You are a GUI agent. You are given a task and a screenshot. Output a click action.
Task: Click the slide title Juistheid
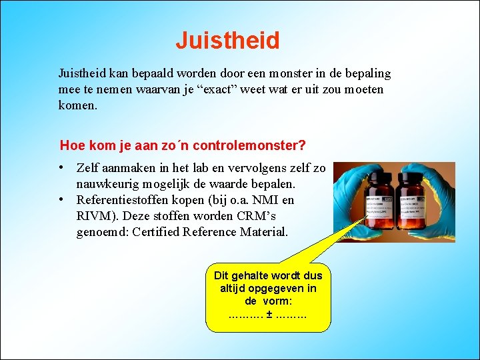click(x=227, y=41)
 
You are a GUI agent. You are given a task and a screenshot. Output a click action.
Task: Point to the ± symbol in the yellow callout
click(x=268, y=312)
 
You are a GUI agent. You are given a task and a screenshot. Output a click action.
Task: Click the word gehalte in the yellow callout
click(x=251, y=275)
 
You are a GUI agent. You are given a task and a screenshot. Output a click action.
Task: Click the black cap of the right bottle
click(x=412, y=177)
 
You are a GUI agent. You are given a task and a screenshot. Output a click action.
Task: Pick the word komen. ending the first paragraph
click(x=78, y=105)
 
